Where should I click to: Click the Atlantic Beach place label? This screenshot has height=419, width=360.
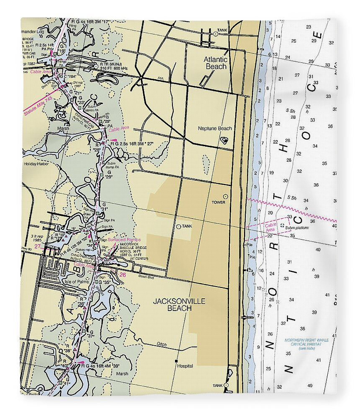pos(216,63)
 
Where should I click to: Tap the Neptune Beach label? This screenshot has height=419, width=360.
pos(216,129)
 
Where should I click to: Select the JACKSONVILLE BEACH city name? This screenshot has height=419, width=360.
pos(172,305)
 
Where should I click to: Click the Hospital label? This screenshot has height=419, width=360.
pos(185,366)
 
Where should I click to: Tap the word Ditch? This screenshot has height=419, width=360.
pos(161,344)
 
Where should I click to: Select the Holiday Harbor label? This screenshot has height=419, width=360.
pos(36,164)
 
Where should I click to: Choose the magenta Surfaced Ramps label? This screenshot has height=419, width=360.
pos(124,239)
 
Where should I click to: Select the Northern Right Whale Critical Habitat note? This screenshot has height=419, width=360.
pos(306,344)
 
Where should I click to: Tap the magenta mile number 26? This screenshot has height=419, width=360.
pos(122,275)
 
